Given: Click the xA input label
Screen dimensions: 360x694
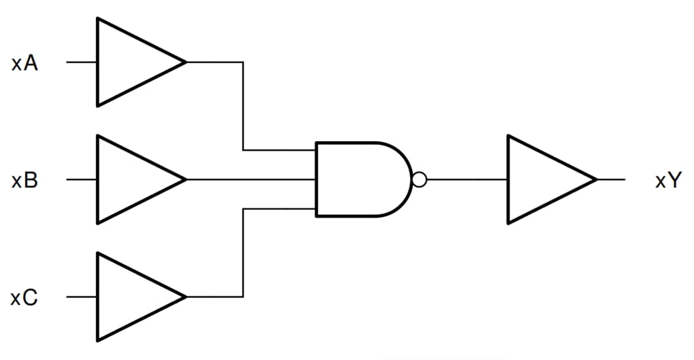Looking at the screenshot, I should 25,64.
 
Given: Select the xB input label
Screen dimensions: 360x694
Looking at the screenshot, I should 25,181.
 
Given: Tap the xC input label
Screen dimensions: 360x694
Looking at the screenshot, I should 25,298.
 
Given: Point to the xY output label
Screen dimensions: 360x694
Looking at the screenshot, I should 668,181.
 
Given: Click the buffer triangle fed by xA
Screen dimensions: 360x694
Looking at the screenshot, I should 129,62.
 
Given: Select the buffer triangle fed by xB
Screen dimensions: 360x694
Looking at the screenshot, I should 129,180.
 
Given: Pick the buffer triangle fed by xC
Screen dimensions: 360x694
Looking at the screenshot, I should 129,297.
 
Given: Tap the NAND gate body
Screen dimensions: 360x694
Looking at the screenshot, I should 360,180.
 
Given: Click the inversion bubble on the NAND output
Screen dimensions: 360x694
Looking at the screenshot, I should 419,180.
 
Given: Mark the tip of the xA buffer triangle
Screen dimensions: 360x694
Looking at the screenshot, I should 185,62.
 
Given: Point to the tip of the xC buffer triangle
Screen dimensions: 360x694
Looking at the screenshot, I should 185,297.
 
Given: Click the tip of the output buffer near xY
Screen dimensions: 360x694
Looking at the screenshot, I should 596,180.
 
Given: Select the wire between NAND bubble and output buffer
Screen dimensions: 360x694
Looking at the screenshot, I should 467,180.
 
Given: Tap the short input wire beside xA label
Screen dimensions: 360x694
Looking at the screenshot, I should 81,62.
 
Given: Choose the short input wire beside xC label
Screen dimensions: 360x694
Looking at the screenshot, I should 81,297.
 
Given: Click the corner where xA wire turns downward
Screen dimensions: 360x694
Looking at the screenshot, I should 243,62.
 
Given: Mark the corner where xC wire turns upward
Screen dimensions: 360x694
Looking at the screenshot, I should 243,297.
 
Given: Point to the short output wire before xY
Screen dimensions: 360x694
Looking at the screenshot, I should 611,180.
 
